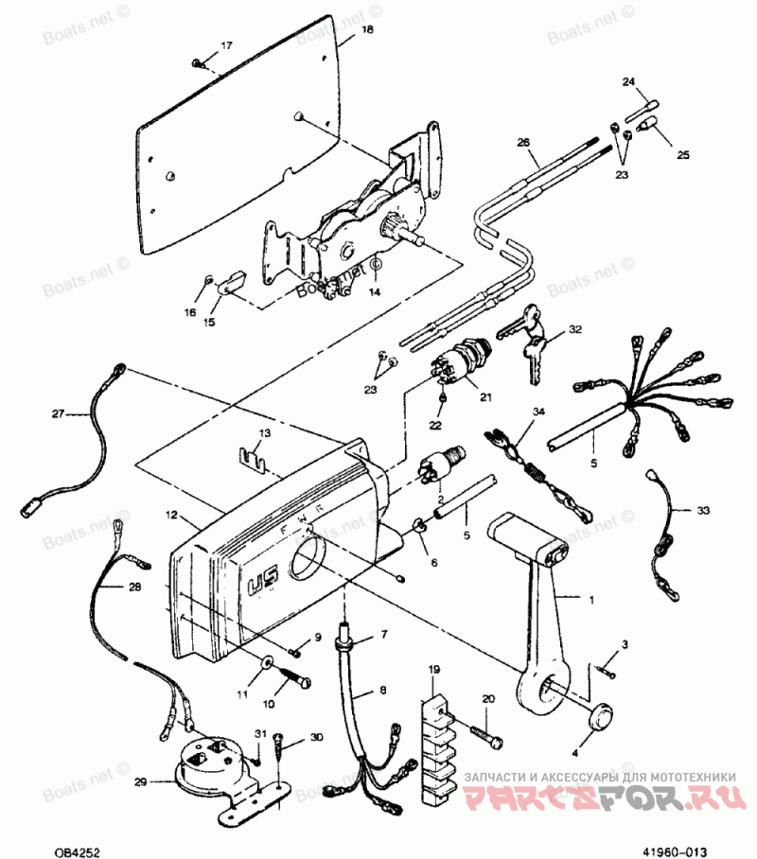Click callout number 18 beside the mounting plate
[367, 31]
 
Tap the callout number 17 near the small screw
[225, 45]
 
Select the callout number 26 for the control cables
[523, 143]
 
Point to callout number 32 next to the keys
[574, 329]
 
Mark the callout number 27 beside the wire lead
[58, 413]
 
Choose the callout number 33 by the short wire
[702, 510]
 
